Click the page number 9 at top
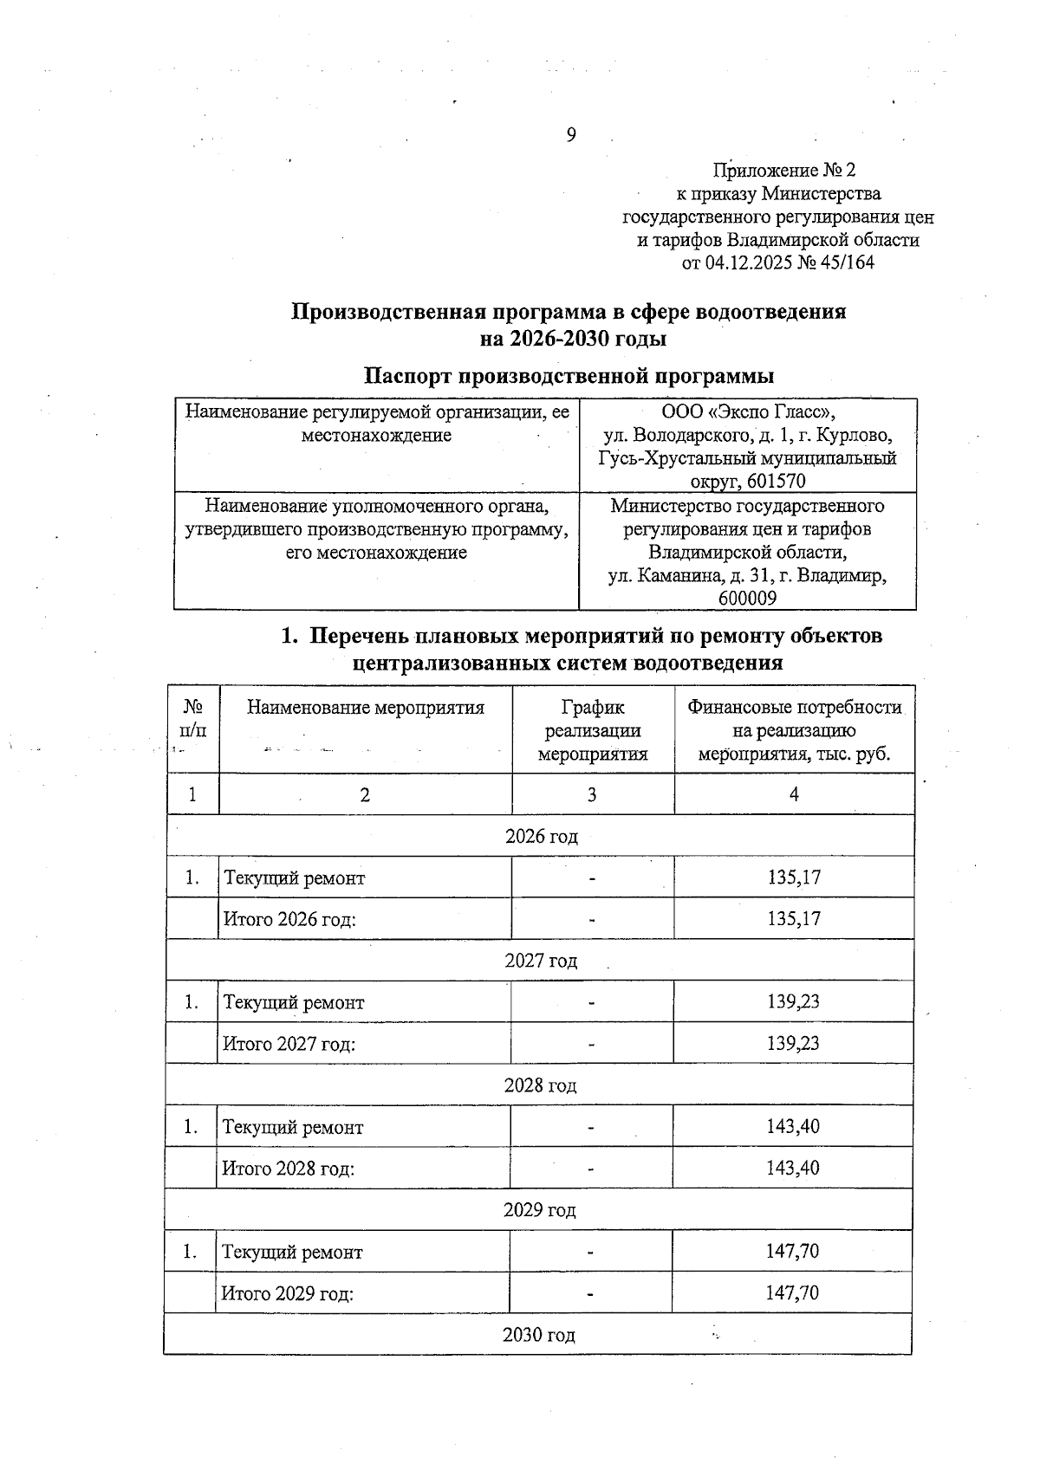coord(570,134)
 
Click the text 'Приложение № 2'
coord(783,170)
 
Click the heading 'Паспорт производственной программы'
coord(569,376)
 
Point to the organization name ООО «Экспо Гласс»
coord(748,412)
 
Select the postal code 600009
coord(747,599)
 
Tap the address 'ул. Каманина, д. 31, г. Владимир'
coord(747,575)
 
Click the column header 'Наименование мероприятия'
coord(365,708)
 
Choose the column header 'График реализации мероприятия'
coord(593,730)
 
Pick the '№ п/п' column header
coord(193,718)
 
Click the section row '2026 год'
coord(541,836)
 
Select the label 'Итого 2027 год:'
coord(289,1044)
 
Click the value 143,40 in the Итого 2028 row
coord(792,1168)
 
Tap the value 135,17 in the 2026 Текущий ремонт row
coord(794,877)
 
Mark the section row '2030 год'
coord(538,1335)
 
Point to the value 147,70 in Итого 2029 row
coord(792,1293)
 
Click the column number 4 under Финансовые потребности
coord(794,794)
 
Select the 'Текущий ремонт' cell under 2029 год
coord(293,1253)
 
